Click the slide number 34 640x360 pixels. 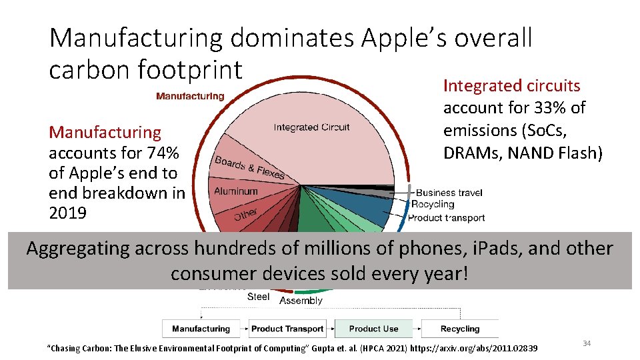[x=587, y=343]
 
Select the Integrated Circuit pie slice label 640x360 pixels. [x=311, y=127]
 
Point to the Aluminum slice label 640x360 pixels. [x=235, y=191]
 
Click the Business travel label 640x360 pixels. [x=449, y=193]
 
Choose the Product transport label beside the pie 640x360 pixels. [x=446, y=217]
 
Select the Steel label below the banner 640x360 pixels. [x=259, y=297]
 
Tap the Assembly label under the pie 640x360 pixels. [x=301, y=301]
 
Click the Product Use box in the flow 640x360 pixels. [x=373, y=329]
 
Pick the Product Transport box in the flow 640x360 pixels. [x=287, y=329]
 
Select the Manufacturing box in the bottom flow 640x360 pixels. [x=201, y=329]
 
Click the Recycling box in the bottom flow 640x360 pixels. [x=460, y=329]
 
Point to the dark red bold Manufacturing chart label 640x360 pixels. [x=190, y=96]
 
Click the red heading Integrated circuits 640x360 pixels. [x=511, y=85]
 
